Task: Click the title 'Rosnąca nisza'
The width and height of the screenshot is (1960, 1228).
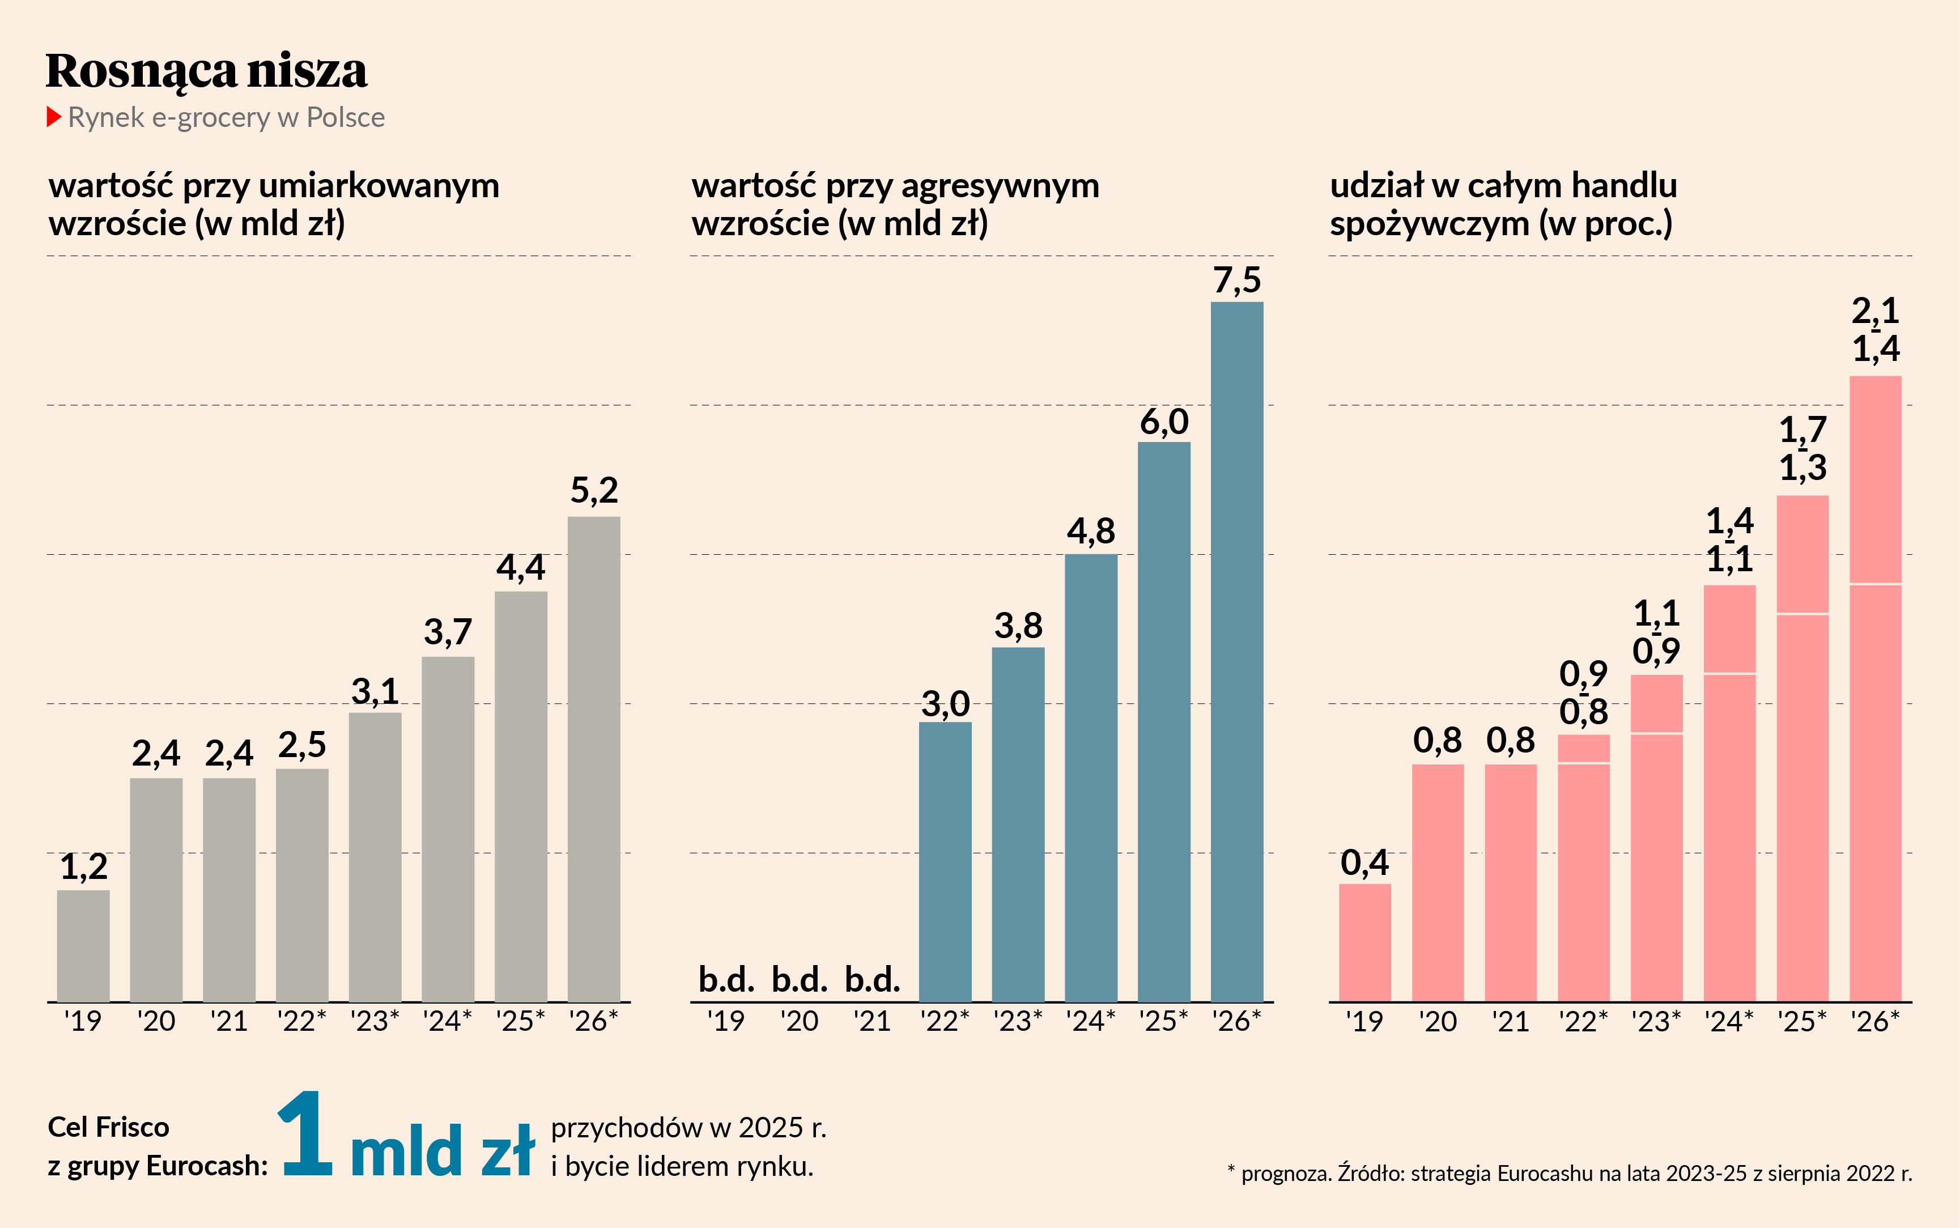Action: tap(206, 71)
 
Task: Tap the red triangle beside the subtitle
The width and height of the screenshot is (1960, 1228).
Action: tap(54, 117)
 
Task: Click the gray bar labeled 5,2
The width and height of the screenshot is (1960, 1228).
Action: tap(593, 759)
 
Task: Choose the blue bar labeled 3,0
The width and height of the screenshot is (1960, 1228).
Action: tap(945, 861)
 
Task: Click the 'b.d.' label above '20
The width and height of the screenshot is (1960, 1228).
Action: tap(799, 980)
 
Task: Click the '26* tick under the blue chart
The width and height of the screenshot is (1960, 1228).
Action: tap(1236, 1021)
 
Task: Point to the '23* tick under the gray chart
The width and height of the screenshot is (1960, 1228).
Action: tap(375, 1021)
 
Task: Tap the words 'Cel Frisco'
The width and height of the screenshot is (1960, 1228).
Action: tap(108, 1127)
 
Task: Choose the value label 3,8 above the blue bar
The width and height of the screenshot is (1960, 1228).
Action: tap(1018, 626)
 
